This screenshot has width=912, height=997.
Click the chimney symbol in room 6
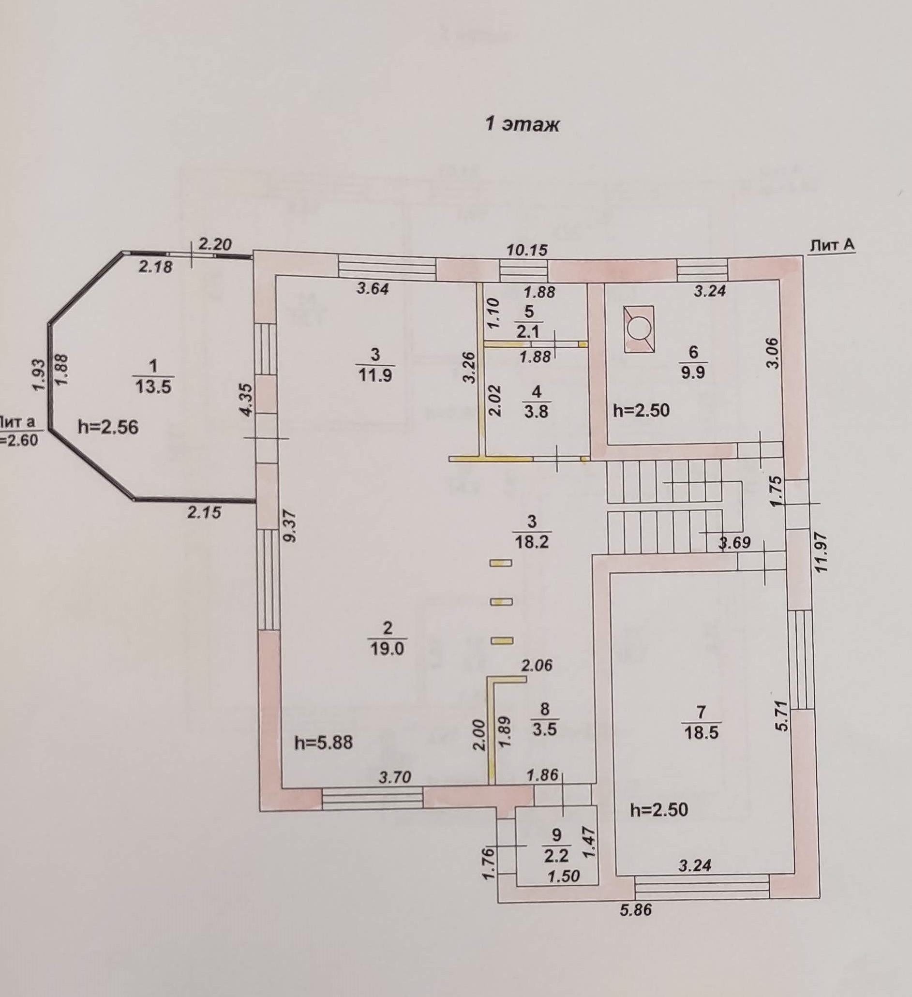tap(639, 329)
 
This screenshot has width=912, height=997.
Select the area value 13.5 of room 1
tap(153, 386)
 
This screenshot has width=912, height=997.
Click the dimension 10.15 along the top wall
tap(527, 250)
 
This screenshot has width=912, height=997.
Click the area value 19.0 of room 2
tap(387, 648)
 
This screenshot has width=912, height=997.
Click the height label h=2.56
tap(108, 427)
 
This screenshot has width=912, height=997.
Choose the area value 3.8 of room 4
tap(536, 411)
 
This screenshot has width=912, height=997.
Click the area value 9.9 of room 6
tap(692, 372)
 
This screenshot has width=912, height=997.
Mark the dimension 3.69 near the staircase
tap(735, 542)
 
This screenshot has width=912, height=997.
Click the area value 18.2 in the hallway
tap(532, 541)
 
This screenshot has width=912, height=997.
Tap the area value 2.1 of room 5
tap(528, 331)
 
